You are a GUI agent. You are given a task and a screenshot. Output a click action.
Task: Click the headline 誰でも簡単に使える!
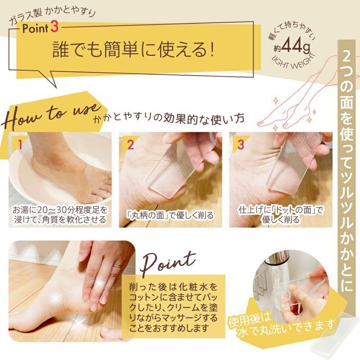pyautogui.click(x=133, y=50)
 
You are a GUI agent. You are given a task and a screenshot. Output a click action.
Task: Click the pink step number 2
pyautogui.click(x=130, y=144)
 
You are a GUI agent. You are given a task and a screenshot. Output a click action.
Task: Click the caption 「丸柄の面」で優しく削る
pyautogui.click(x=170, y=215)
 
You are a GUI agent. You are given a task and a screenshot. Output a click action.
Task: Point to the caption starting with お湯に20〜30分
pyautogui.click(x=59, y=215)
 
